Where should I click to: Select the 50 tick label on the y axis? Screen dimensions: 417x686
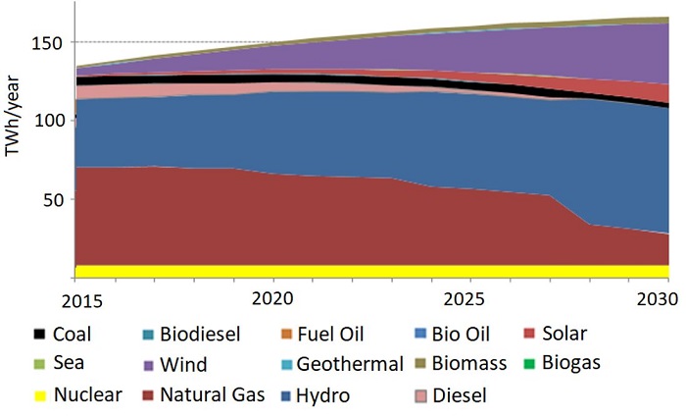[x=55, y=199]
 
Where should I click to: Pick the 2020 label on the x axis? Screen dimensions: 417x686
[x=274, y=297]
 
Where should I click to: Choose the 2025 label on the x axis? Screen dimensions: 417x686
[x=466, y=297]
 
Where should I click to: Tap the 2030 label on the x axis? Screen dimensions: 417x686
[x=655, y=297]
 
